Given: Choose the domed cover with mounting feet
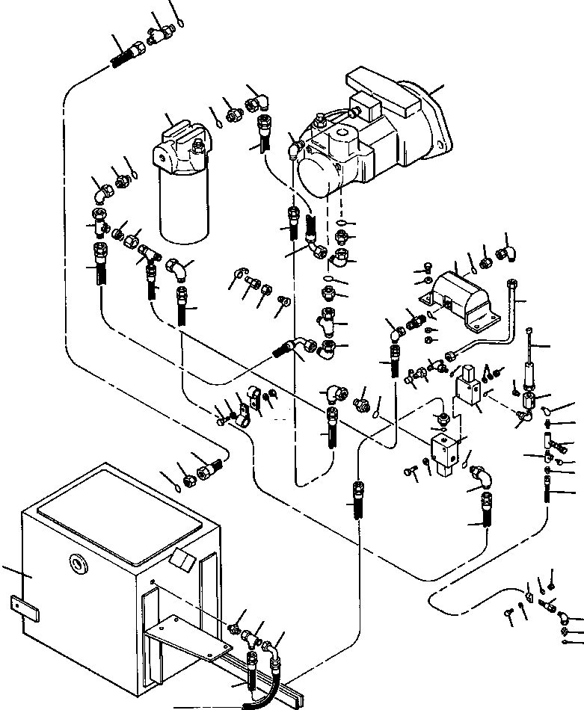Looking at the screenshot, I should [x=461, y=294].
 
